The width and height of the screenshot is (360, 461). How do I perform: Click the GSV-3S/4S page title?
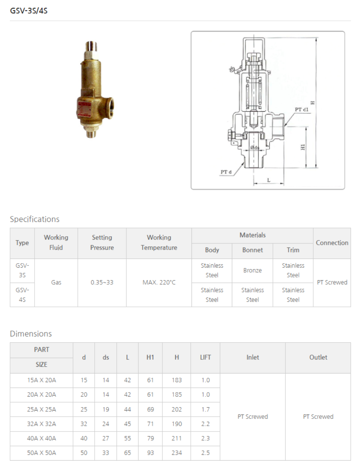pos(29,10)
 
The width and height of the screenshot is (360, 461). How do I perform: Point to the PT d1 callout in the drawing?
pos(301,109)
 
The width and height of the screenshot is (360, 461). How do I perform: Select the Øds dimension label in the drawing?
pos(255,148)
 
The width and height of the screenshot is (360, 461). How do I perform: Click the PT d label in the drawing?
pos(226,172)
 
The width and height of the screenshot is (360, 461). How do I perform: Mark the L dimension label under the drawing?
pos(269,180)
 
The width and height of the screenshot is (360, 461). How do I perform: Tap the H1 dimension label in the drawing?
pos(303,147)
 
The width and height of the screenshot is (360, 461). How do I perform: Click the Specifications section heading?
pos(35,219)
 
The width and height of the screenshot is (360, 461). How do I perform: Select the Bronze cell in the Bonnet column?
pos(252,270)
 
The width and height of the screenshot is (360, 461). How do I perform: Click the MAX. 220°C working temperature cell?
pos(159,282)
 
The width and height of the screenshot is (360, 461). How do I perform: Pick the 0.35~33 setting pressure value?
pos(102,282)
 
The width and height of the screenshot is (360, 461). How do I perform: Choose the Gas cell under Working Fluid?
pos(56,282)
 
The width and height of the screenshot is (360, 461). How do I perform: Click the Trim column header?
pos(293,250)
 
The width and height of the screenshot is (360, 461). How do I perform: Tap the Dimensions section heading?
pos(31,334)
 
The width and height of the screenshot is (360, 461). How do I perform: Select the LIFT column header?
pos(205,357)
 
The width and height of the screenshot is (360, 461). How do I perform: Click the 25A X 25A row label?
pos(41,409)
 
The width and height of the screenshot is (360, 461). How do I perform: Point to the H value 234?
pos(177,453)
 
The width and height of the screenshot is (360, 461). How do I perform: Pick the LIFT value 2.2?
pos(205,424)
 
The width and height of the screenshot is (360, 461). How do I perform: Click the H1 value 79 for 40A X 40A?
pos(150,438)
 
